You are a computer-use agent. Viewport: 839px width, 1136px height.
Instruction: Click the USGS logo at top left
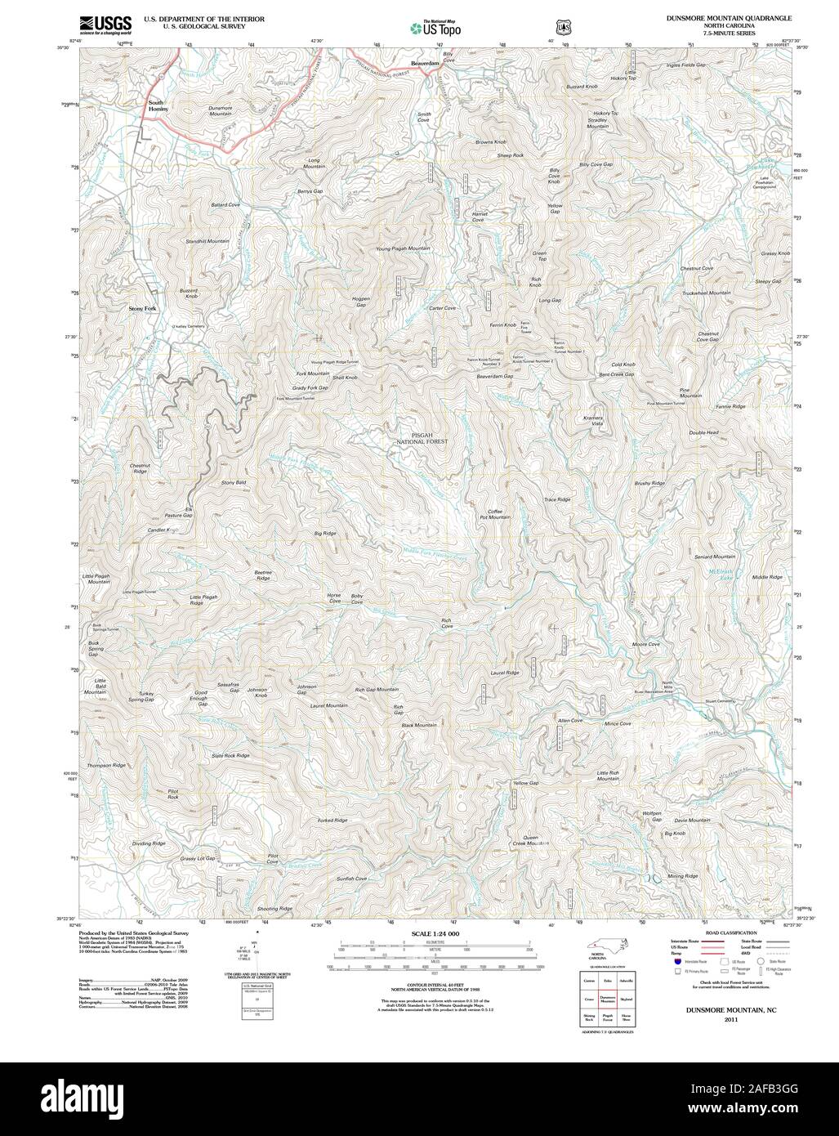click(104, 24)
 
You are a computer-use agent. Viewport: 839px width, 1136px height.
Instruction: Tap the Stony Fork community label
click(142, 308)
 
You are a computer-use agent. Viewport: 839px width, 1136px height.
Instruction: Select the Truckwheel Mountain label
click(707, 293)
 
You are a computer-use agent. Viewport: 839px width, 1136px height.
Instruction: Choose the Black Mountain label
click(419, 726)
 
